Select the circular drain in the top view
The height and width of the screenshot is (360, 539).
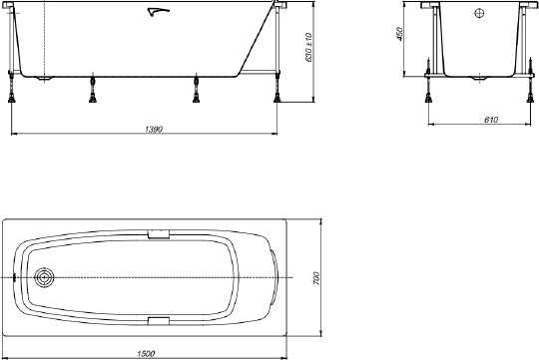click(x=44, y=277)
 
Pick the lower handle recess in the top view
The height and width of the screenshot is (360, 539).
click(x=160, y=320)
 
